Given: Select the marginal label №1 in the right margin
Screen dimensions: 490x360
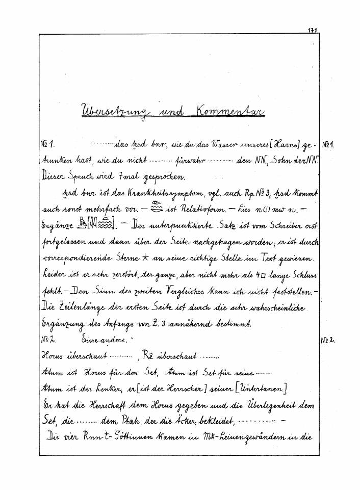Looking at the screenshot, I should coord(328,145).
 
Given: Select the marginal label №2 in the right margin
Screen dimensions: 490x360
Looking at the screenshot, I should coord(328,339).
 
